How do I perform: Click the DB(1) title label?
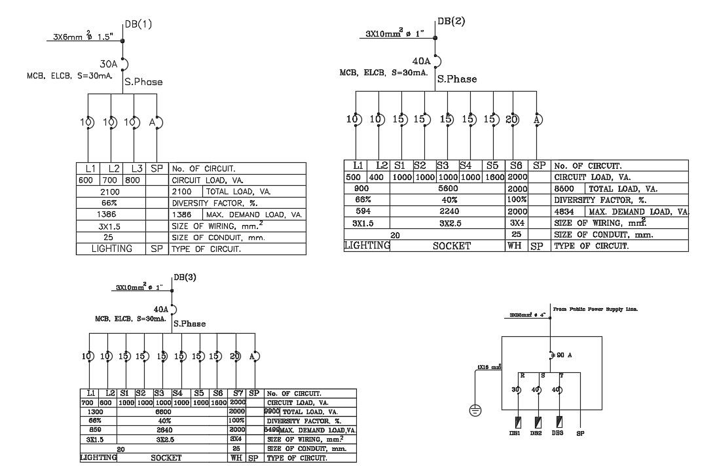(138, 24)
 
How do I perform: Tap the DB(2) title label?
(451, 21)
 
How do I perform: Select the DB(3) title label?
(185, 277)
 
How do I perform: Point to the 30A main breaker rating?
(108, 65)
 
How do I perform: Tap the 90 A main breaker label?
(564, 355)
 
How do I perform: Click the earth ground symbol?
(476, 411)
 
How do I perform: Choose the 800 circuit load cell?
(132, 180)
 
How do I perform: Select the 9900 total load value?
(272, 412)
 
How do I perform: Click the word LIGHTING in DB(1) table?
(111, 249)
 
